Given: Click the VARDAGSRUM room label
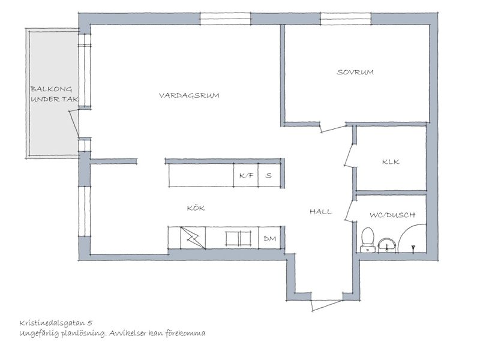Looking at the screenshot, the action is click(x=189, y=95).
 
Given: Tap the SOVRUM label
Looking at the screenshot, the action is click(x=355, y=72).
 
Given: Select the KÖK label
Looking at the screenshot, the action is click(x=196, y=208).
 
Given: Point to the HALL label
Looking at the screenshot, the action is click(x=320, y=212).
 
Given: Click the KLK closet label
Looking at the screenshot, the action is click(x=391, y=161).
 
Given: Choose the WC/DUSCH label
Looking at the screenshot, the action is click(x=392, y=215).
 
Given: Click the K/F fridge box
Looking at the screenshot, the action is click(x=246, y=175).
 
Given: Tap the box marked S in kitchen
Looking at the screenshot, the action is click(x=269, y=175).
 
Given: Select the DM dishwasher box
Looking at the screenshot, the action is click(x=269, y=238).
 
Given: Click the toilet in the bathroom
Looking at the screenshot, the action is click(x=367, y=240).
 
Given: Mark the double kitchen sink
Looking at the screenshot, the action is click(x=238, y=238).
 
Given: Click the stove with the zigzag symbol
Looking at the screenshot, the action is click(x=193, y=238).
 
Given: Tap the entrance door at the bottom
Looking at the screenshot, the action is click(x=327, y=304).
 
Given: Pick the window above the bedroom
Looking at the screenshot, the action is click(x=346, y=19).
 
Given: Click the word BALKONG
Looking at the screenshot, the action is click(x=52, y=89).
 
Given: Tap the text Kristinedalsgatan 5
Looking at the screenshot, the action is click(x=56, y=323).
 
